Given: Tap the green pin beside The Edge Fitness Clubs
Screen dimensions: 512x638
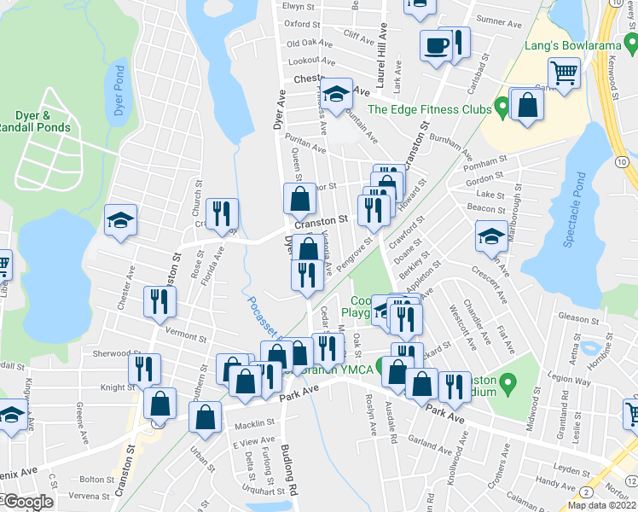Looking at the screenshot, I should [x=502, y=108].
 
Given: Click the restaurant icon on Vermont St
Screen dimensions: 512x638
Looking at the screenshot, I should [x=159, y=300].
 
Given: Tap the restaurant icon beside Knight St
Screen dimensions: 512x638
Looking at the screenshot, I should [x=144, y=368].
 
